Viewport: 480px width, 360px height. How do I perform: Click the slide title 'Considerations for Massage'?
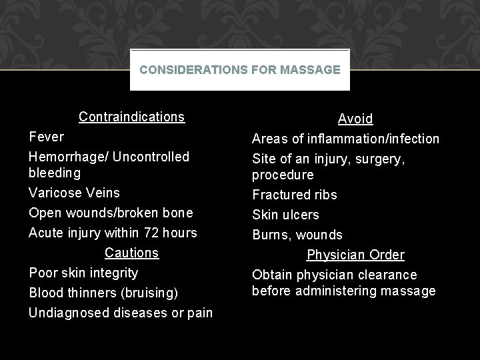click(240, 69)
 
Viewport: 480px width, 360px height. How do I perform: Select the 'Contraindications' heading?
click(131, 117)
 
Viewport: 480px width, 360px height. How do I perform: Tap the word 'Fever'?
click(47, 137)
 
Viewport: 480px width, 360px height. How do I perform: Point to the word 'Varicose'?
click(55, 193)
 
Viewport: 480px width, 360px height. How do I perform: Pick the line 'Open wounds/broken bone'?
click(111, 213)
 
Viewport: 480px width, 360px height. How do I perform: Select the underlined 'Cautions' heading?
click(131, 253)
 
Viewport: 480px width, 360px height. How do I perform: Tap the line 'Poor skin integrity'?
click(83, 273)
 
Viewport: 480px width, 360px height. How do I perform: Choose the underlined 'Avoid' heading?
click(355, 119)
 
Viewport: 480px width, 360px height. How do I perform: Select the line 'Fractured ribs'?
click(294, 195)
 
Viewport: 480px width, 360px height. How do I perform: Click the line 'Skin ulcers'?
click(285, 215)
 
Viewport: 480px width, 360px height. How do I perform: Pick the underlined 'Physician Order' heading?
click(355, 255)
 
